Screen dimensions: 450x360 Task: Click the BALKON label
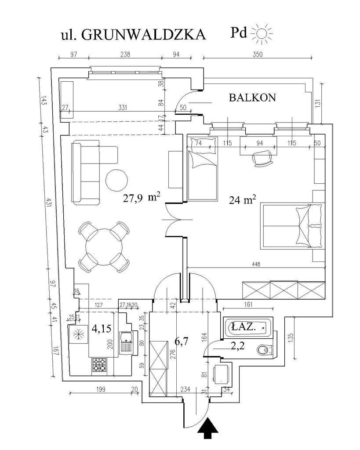252,98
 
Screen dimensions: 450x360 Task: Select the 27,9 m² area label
140,198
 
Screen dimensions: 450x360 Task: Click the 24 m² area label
242,200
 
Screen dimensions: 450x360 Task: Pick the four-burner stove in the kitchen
99,365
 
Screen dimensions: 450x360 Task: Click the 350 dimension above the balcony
258,54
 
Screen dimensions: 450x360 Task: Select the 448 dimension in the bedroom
257,264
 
